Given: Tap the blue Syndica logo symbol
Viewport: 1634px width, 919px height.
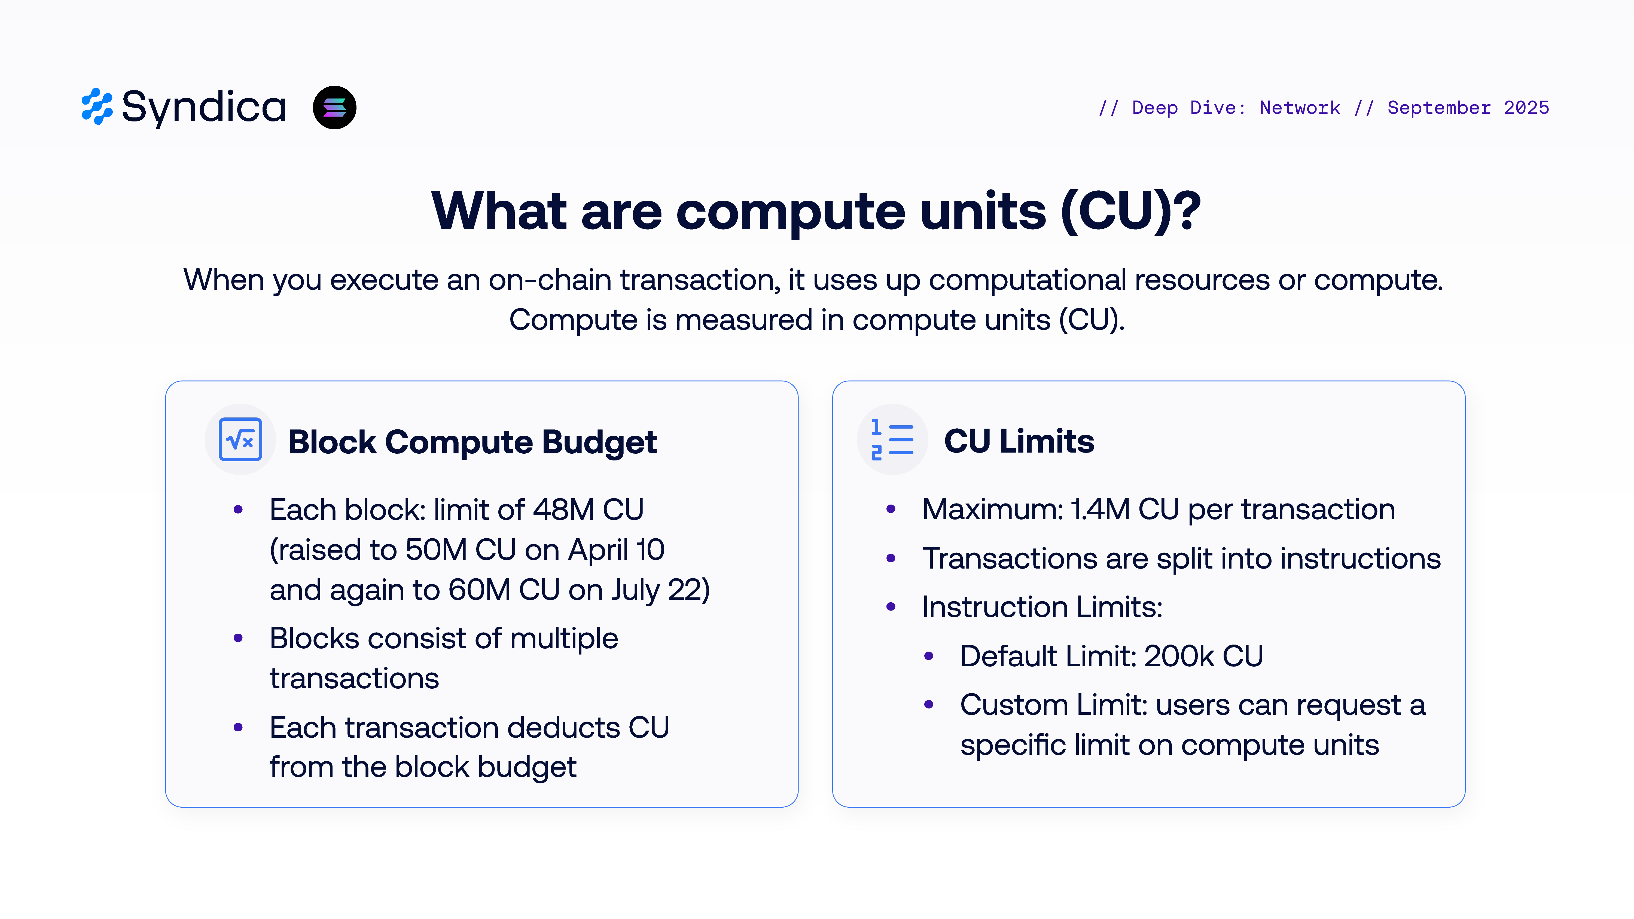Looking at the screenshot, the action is pos(97,106).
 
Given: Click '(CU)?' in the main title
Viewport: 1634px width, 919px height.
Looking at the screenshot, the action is pos(1130,211).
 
